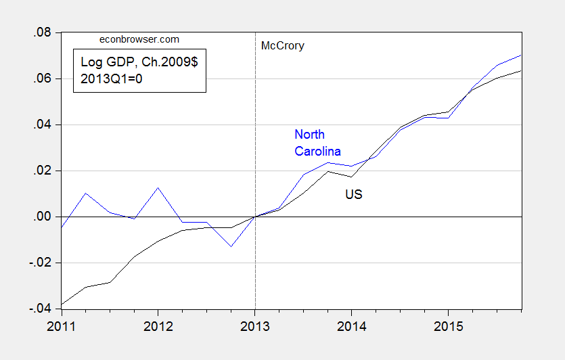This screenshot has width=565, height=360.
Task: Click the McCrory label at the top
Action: click(x=282, y=46)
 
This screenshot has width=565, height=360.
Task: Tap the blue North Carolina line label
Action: click(x=317, y=143)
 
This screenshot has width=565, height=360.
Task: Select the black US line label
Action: click(x=354, y=195)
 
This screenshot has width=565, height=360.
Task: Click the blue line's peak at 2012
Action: click(x=158, y=187)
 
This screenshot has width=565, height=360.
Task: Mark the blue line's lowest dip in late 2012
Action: click(x=231, y=246)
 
